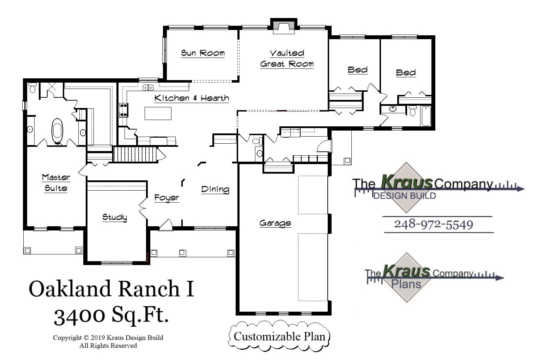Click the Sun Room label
pyautogui.click(x=202, y=53)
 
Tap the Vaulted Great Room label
pyautogui.click(x=287, y=59)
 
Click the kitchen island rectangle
pyautogui.click(x=158, y=113)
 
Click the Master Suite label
pyautogui.click(x=56, y=182)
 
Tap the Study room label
pyautogui.click(x=114, y=217)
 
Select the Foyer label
pyautogui.click(x=166, y=198)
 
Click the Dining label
pyautogui.click(x=215, y=189)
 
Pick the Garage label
pyautogui.click(x=275, y=223)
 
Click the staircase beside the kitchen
pyautogui.click(x=135, y=155)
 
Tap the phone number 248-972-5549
pyautogui.click(x=434, y=224)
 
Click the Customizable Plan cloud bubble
pyautogui.click(x=279, y=336)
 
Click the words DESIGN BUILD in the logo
pyautogui.click(x=404, y=196)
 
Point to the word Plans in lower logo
pyautogui.click(x=406, y=284)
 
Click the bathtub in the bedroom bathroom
pyautogui.click(x=426, y=116)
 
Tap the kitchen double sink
pyautogui.click(x=148, y=87)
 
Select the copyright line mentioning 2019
pyautogui.click(x=108, y=338)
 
